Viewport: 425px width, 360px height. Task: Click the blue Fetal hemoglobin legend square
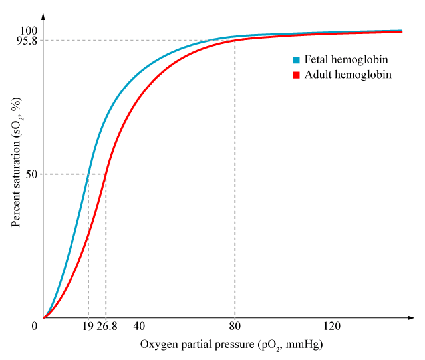pyautogui.click(x=297, y=60)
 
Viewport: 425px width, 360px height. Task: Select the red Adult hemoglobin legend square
pyautogui.click(x=297, y=75)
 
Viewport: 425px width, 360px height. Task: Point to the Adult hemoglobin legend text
pyautogui.click(x=348, y=75)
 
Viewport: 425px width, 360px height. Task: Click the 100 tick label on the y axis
pyautogui.click(x=29, y=31)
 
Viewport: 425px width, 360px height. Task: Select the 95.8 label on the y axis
pyautogui.click(x=27, y=41)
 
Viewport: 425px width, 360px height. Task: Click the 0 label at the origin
pyautogui.click(x=35, y=326)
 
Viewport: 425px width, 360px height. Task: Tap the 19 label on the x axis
pyautogui.click(x=88, y=326)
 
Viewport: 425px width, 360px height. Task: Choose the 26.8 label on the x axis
pyautogui.click(x=106, y=326)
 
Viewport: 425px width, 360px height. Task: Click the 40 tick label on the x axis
pyautogui.click(x=139, y=326)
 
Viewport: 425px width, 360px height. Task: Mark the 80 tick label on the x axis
pyautogui.click(x=235, y=326)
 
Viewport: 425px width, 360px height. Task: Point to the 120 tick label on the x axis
pyautogui.click(x=331, y=326)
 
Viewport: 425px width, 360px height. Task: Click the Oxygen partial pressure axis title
pyautogui.click(x=231, y=345)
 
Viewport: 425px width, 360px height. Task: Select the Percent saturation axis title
pyautogui.click(x=16, y=162)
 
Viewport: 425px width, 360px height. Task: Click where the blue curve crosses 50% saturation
pyautogui.click(x=88, y=174)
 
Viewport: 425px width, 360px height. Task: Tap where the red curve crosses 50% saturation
pyautogui.click(x=106, y=174)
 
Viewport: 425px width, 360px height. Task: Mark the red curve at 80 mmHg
pyautogui.click(x=235, y=41)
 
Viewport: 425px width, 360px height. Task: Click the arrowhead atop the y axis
pyautogui.click(x=43, y=15)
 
